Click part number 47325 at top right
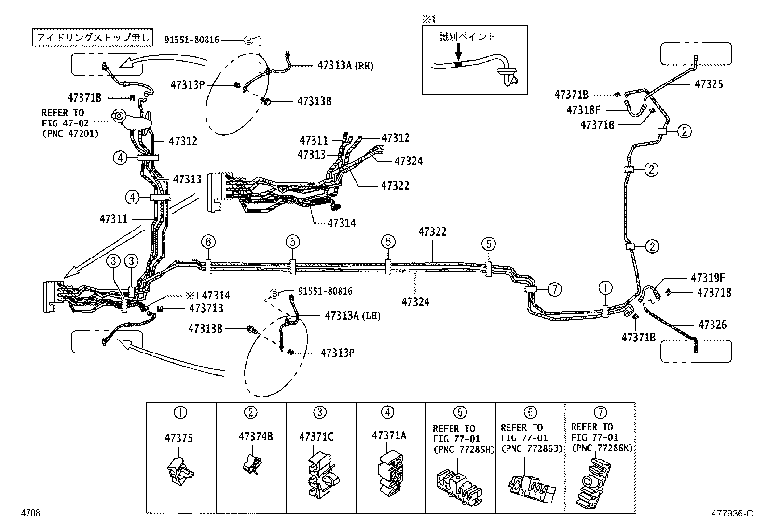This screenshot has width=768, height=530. pyautogui.click(x=709, y=84)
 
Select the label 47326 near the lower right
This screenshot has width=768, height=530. pyautogui.click(x=713, y=325)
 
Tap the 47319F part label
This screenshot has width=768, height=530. pyautogui.click(x=709, y=278)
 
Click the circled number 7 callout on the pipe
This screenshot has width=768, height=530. pyautogui.click(x=555, y=289)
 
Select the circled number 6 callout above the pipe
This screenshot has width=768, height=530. pyautogui.click(x=208, y=242)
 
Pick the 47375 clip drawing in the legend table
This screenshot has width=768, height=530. pyautogui.click(x=181, y=470)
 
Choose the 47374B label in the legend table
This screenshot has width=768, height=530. pyautogui.click(x=256, y=436)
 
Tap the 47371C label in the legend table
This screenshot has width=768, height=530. pyautogui.click(x=316, y=437)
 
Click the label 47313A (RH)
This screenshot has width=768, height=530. pyautogui.click(x=345, y=66)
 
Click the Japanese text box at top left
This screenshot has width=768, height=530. pyautogui.click(x=93, y=37)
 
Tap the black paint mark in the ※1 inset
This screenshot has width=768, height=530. pyautogui.click(x=459, y=64)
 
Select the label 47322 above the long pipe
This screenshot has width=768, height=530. pyautogui.click(x=432, y=232)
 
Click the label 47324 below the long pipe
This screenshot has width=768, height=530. pyautogui.click(x=415, y=302)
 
